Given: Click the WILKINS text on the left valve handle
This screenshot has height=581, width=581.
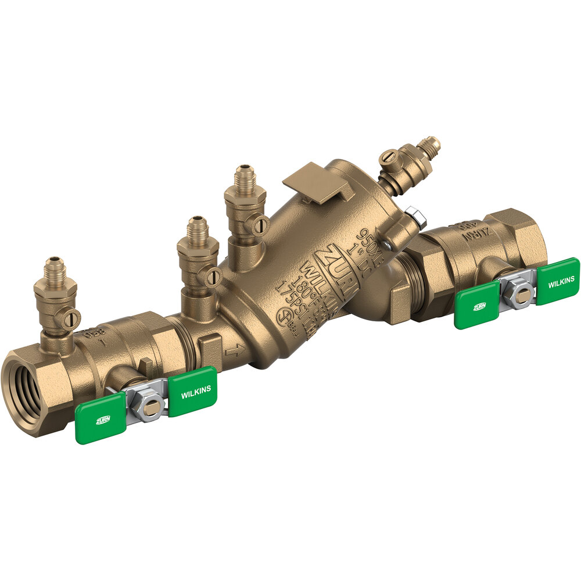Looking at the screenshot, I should coord(196,393).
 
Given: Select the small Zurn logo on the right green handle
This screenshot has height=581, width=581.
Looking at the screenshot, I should coord(480,306).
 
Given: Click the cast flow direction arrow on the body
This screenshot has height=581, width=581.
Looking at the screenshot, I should coord(235,351).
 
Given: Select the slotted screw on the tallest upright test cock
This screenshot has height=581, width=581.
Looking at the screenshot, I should coord(261,224).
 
